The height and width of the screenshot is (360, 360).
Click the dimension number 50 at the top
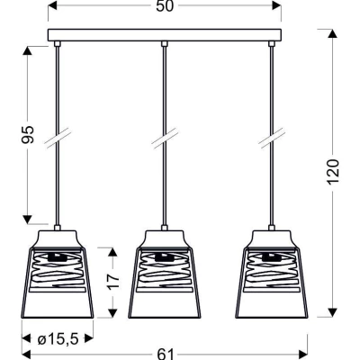coord(165,6)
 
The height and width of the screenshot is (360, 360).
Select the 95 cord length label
coord(28,134)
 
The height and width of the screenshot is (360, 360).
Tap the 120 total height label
coord(333,172)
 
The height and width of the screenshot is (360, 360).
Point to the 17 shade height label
coord(113,281)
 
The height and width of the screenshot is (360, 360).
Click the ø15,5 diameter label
coord(58,339)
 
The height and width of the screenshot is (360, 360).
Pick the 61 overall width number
coord(166,355)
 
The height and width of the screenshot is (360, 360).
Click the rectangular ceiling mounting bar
coord(165,35)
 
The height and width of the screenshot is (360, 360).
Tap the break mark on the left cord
coord(58,139)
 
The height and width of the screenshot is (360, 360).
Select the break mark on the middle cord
coord(165,139)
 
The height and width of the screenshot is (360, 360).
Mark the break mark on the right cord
coord(272,139)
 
